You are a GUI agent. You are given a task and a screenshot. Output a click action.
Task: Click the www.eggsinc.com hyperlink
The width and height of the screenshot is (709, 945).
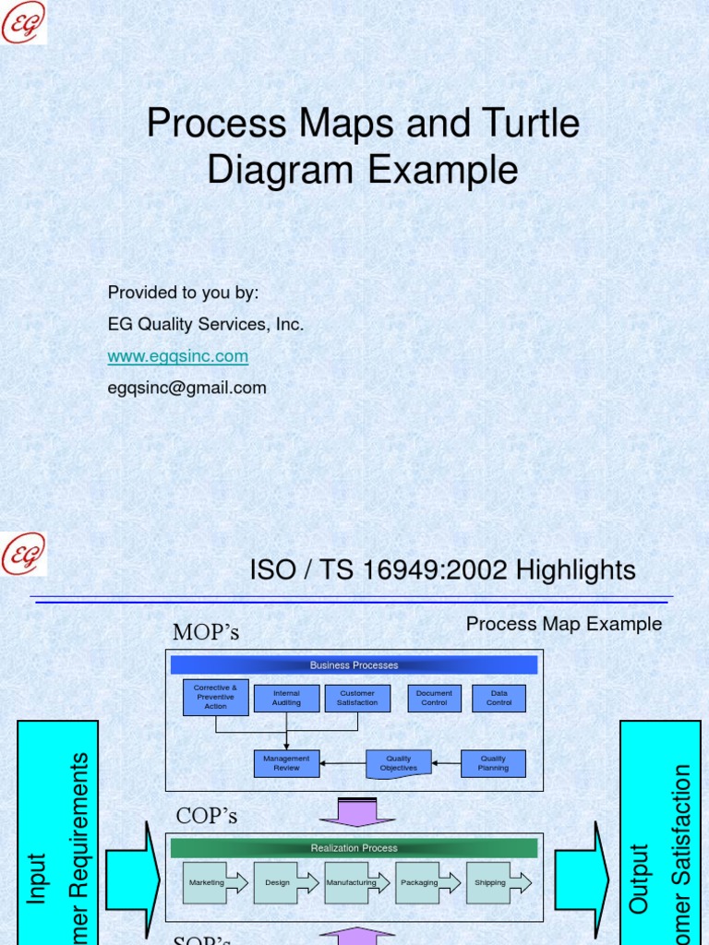[178, 356]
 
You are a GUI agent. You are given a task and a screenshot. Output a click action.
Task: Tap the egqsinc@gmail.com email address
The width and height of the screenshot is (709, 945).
[187, 388]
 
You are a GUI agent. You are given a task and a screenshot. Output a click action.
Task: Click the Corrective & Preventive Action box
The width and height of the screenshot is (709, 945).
[215, 698]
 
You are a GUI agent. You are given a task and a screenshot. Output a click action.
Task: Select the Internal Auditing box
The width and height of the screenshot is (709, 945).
[286, 698]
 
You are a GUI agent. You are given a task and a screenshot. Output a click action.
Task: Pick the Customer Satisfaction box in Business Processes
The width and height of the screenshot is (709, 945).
[357, 698]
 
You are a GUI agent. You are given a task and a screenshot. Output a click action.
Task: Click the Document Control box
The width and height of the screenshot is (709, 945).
[434, 698]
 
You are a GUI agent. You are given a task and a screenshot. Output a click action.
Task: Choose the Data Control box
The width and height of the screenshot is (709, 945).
[499, 698]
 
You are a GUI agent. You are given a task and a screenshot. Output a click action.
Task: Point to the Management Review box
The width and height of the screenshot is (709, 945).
[286, 763]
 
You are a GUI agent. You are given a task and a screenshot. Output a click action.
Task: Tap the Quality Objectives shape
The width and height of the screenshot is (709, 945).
[399, 763]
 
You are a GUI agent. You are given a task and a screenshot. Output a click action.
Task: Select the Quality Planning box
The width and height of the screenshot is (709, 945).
[493, 763]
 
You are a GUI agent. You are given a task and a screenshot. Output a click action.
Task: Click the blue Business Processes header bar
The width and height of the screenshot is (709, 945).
[354, 665]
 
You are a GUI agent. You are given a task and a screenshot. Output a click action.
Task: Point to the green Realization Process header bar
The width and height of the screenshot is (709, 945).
[354, 848]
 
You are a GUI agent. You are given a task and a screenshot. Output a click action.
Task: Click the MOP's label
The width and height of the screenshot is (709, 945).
[206, 632]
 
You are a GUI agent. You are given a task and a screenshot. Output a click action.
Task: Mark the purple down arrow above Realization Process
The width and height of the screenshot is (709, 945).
[357, 813]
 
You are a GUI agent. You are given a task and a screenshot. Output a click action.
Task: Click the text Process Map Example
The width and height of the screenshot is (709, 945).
[564, 624]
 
